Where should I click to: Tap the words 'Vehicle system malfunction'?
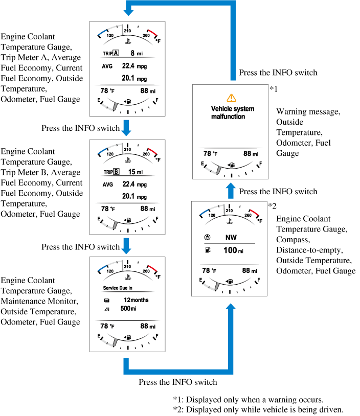coord(233,112)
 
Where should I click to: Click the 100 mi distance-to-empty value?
coord(232,250)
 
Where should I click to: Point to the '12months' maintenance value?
coord(136,300)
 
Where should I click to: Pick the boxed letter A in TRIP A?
coord(116,53)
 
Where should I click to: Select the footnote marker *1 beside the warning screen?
coord(273,89)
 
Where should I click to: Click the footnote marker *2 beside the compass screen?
coord(272,205)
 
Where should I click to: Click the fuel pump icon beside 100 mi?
coord(207,250)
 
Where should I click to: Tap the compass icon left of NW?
coord(207,238)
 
